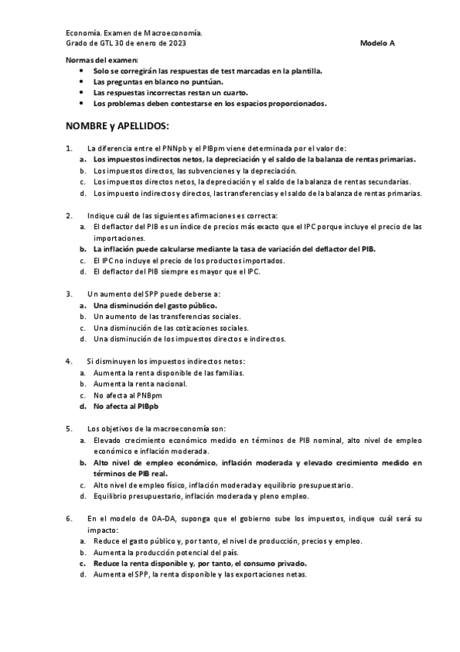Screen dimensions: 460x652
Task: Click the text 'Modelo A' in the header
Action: pyautogui.click(x=377, y=43)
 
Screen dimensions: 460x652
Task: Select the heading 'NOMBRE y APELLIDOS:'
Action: pyautogui.click(x=117, y=125)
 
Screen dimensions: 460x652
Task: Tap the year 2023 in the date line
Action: pyautogui.click(x=174, y=43)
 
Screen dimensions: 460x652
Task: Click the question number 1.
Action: pyautogui.click(x=69, y=148)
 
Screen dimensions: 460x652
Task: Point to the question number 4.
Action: pyautogui.click(x=69, y=361)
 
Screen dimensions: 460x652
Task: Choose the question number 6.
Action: pyautogui.click(x=69, y=518)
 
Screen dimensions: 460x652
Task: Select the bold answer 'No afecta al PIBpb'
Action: pyautogui.click(x=126, y=405)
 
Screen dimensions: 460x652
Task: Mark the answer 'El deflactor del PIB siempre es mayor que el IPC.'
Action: pyautogui.click(x=177, y=271)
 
